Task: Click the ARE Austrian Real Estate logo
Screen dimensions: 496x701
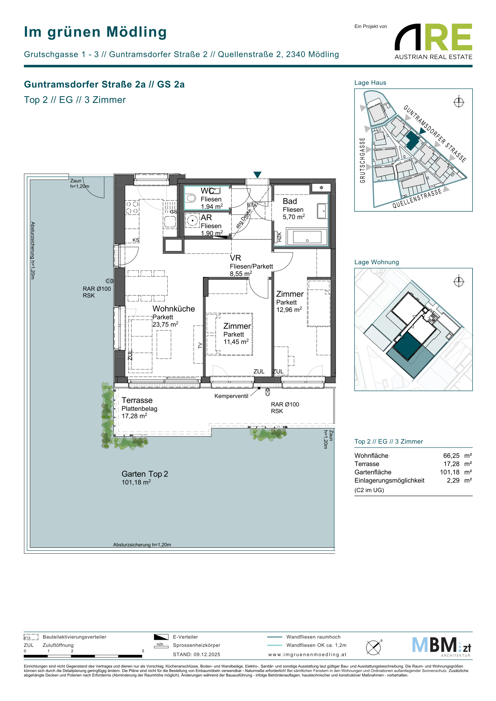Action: pyautogui.click(x=433, y=41)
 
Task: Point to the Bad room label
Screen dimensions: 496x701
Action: pyautogui.click(x=290, y=201)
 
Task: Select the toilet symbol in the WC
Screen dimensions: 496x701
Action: pyautogui.click(x=191, y=198)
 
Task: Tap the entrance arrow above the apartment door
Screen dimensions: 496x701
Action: pyautogui.click(x=258, y=175)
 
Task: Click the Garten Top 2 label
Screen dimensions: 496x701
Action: pyautogui.click(x=145, y=474)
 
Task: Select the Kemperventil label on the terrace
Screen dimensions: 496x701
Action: pyautogui.click(x=231, y=396)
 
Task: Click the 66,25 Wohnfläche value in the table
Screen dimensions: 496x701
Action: pyautogui.click(x=451, y=455)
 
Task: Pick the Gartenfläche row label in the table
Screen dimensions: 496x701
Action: pyautogui.click(x=373, y=472)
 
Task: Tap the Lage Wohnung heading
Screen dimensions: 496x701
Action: pyautogui.click(x=377, y=262)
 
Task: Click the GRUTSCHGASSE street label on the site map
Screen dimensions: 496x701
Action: pyautogui.click(x=363, y=160)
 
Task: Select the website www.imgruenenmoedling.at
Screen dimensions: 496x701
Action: pyautogui.click(x=307, y=655)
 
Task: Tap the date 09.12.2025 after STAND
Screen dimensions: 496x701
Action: pyautogui.click(x=207, y=655)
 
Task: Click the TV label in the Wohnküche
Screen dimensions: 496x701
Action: pyautogui.click(x=200, y=345)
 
